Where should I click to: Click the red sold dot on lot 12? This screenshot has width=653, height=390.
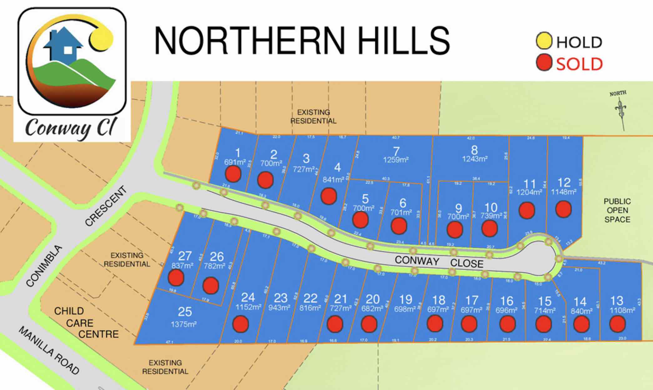click(x=564, y=209)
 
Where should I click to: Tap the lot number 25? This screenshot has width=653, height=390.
click(x=185, y=312)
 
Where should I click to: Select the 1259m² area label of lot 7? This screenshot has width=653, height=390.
click(x=396, y=160)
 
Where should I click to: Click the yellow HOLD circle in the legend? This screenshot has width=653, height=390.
click(x=544, y=41)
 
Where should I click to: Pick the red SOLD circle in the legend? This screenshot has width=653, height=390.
click(x=544, y=62)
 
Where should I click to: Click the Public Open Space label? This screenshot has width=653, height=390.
click(x=617, y=210)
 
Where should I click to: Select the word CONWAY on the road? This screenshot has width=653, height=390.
click(x=417, y=261)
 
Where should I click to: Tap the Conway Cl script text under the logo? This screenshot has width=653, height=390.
click(x=70, y=128)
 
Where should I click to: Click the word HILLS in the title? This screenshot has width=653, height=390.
click(x=402, y=41)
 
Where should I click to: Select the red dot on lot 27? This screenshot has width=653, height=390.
click(x=176, y=278)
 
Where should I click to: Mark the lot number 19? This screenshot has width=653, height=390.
click(x=406, y=300)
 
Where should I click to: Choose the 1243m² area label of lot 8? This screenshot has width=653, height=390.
click(x=474, y=159)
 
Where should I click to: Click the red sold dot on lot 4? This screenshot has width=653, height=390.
click(x=329, y=196)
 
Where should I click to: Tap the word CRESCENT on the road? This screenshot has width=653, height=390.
click(x=106, y=205)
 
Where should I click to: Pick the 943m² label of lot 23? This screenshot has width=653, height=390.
click(x=279, y=308)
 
